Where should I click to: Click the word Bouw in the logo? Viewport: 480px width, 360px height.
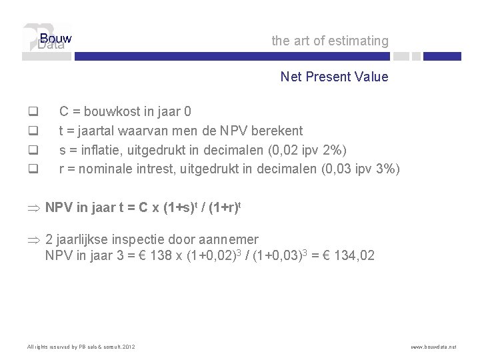point(55,38)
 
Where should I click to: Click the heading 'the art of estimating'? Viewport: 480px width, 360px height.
point(329,41)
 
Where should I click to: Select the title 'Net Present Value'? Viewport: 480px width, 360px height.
point(334,77)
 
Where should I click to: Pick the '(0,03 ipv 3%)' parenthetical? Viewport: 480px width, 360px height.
point(361,169)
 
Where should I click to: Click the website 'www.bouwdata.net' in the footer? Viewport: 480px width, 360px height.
point(434,347)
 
